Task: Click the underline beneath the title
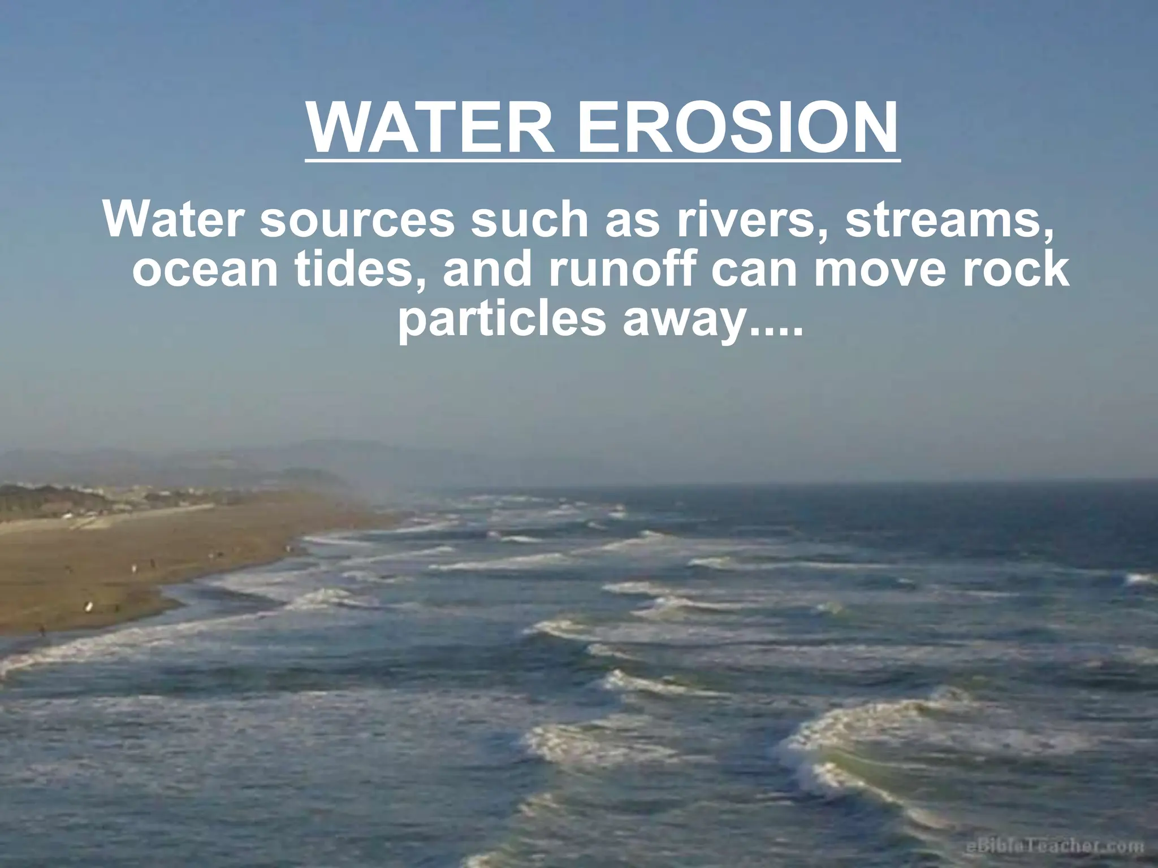pyautogui.click(x=602, y=160)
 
